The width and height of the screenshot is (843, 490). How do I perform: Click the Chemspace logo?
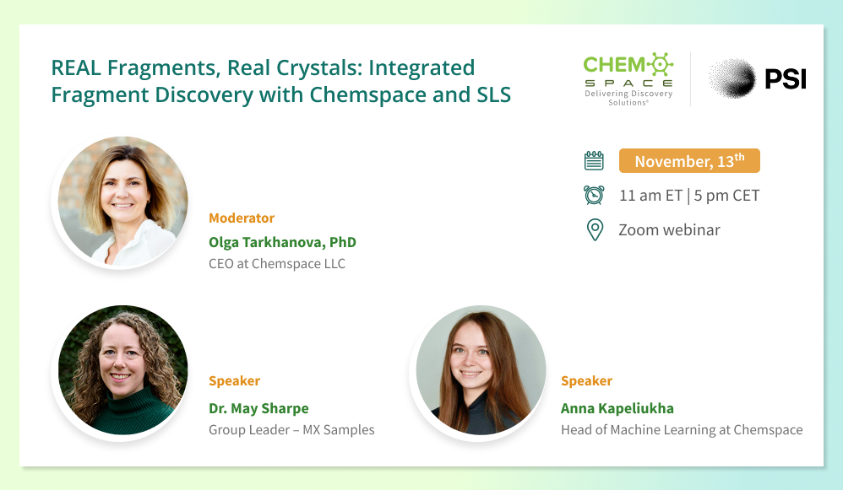628,79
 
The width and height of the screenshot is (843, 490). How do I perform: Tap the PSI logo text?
786,79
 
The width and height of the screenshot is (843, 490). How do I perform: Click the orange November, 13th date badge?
689,160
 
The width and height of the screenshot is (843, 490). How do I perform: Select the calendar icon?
594,160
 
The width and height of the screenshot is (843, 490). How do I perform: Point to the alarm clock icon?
594,195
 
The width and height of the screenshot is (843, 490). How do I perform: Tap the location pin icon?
595,229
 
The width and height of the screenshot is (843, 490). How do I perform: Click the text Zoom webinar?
669,229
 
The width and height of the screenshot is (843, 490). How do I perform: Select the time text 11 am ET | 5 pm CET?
689,196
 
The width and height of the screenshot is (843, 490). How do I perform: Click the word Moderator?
242,218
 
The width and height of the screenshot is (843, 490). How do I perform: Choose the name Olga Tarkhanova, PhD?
282,242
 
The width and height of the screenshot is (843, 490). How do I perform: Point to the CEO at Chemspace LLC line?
277,263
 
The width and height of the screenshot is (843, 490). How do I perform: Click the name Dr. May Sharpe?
258,408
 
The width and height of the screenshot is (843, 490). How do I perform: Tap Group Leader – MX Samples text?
291,430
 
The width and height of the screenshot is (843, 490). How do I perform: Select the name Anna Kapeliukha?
617,408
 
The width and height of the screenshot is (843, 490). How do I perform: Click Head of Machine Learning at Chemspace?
682,430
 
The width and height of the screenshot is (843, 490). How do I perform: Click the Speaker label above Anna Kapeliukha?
586,381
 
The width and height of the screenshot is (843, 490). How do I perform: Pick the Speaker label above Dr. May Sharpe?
235,381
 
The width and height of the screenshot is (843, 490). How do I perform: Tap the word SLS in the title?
493,95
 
